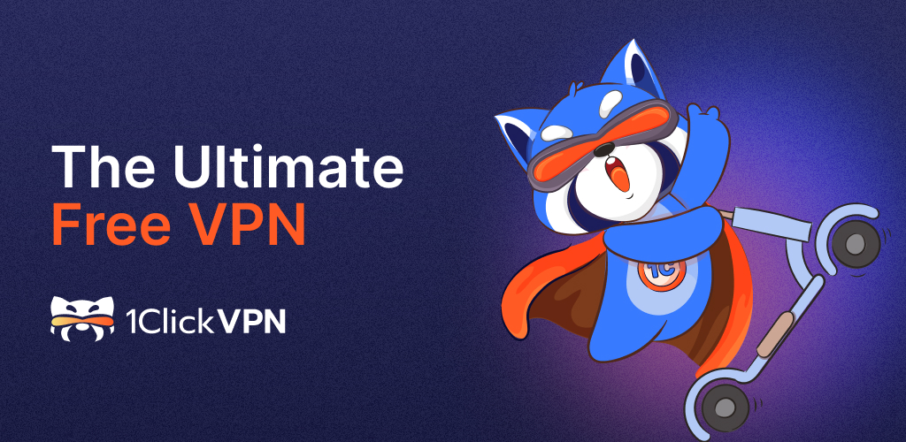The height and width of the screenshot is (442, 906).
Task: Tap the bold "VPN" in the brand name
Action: [x=250, y=322]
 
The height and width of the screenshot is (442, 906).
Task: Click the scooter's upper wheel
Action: [x=856, y=243]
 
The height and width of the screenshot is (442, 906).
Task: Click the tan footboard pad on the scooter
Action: [x=773, y=334]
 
